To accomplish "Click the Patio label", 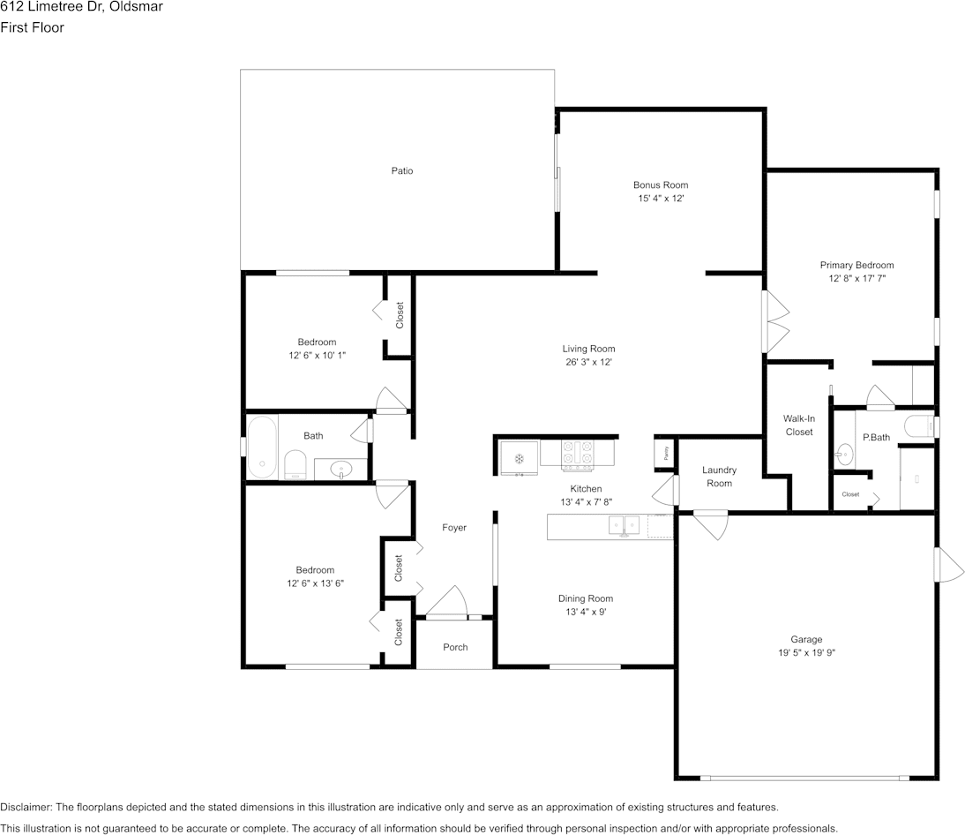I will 402,170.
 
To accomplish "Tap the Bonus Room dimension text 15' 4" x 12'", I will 662,199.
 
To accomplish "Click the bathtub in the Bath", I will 262,446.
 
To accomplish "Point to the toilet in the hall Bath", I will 295,465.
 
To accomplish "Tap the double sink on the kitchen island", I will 625,526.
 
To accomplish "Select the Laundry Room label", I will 719,477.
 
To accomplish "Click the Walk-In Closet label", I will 797,425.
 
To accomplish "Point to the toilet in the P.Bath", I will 920,426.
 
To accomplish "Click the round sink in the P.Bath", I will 843,455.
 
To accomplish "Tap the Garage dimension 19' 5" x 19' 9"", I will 806,653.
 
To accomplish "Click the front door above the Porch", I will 447,606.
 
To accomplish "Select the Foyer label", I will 453,528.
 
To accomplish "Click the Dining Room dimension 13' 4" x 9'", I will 585,612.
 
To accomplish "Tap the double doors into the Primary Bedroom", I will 775,321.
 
